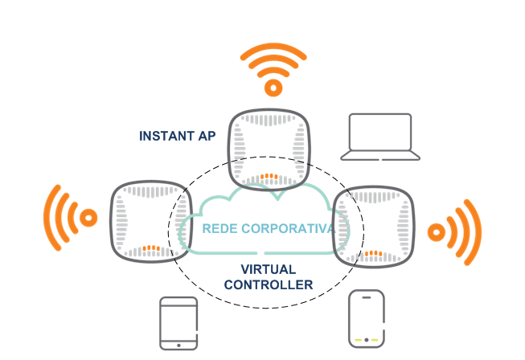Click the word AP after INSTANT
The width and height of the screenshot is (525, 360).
(x=206, y=136)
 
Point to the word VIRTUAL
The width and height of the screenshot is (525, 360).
(x=269, y=269)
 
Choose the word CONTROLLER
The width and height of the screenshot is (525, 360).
(x=269, y=284)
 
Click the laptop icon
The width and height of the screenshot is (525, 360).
(x=380, y=137)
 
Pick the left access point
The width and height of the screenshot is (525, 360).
(x=150, y=221)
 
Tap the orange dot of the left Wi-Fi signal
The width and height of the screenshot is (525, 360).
(x=89, y=217)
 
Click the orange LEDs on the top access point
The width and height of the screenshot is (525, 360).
(x=269, y=176)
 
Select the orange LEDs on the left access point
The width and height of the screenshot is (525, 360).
(x=150, y=248)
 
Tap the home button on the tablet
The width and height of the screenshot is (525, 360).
(x=178, y=344)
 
